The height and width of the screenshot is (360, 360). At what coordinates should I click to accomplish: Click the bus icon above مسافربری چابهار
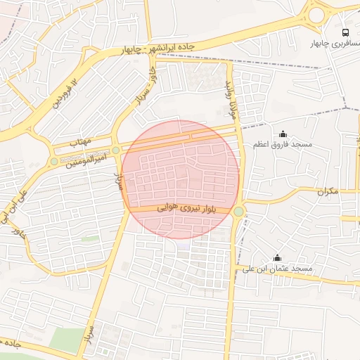[x=345, y=32]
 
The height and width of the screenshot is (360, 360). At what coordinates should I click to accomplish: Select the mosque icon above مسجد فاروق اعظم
[x=283, y=134]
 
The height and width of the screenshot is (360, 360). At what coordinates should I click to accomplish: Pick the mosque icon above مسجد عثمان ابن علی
[x=276, y=257]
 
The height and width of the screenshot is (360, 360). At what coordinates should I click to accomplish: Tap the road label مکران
[x=328, y=191]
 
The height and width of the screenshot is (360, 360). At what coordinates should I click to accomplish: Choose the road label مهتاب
[x=82, y=141]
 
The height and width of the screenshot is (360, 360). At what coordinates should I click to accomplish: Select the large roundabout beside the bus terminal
[x=318, y=14]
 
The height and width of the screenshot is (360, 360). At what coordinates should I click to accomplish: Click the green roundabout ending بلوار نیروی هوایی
[x=239, y=211]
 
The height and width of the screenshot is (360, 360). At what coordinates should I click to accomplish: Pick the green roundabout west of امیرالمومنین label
[x=53, y=162]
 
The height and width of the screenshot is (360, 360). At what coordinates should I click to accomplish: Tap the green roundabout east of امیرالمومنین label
[x=116, y=150]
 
